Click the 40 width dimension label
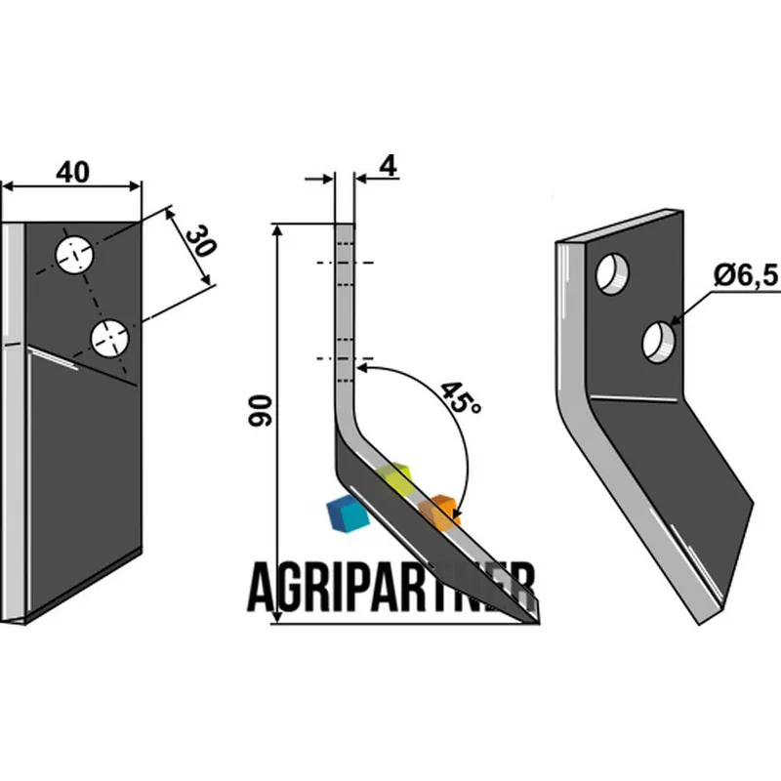point(72,173)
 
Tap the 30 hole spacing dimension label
point(201,241)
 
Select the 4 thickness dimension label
point(388,166)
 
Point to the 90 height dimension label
point(260,410)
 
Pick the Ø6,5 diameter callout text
point(746,275)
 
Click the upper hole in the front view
point(74,256)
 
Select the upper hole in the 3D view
point(612,273)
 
